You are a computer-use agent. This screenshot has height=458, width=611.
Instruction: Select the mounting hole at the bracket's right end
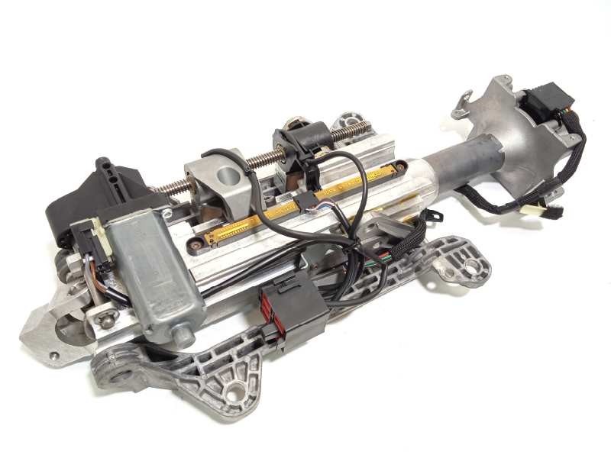click(473, 266)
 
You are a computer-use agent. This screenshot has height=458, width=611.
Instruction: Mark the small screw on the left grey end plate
click(53, 355)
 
